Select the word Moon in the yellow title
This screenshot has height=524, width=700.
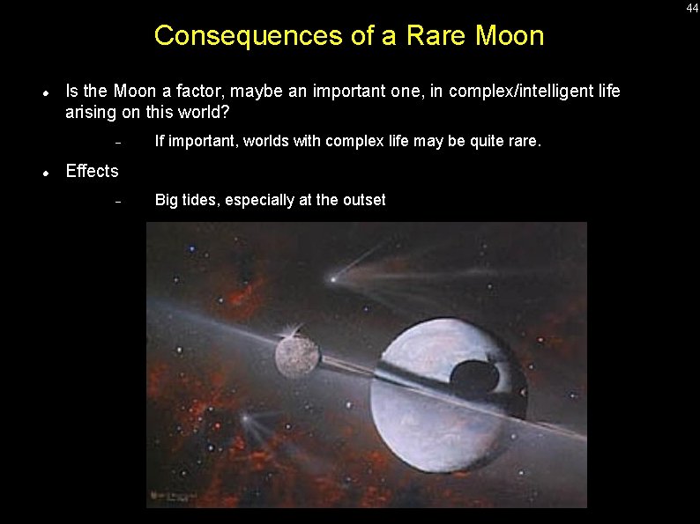[x=510, y=36]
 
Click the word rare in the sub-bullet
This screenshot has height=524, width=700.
[x=523, y=141]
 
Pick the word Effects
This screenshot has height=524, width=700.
[x=92, y=171]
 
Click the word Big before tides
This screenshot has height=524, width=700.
[x=167, y=200]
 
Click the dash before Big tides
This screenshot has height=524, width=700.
[x=117, y=202]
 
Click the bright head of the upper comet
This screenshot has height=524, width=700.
[x=333, y=279]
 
